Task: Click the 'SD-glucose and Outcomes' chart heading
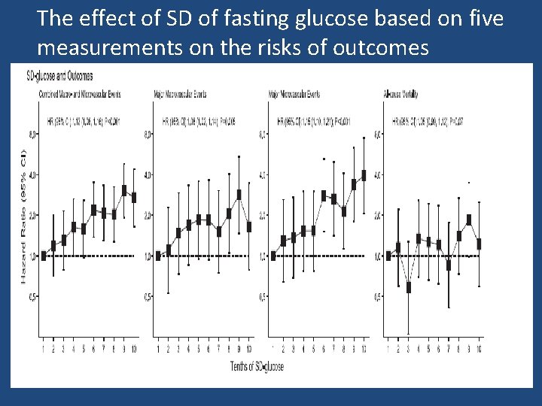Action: coord(59,76)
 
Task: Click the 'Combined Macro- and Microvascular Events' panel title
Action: coord(80,94)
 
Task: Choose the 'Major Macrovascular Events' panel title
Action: coord(180,94)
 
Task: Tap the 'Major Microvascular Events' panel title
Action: coord(294,94)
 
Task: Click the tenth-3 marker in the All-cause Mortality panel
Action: coord(408,286)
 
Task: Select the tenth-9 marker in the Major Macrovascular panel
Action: coord(239,194)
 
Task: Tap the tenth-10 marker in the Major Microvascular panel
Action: coord(364,175)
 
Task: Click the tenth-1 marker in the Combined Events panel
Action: coord(44,256)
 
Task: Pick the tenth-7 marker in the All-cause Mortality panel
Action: coord(449,265)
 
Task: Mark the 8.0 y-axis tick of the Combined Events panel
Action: coord(32,135)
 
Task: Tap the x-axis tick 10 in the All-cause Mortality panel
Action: coord(479,349)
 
